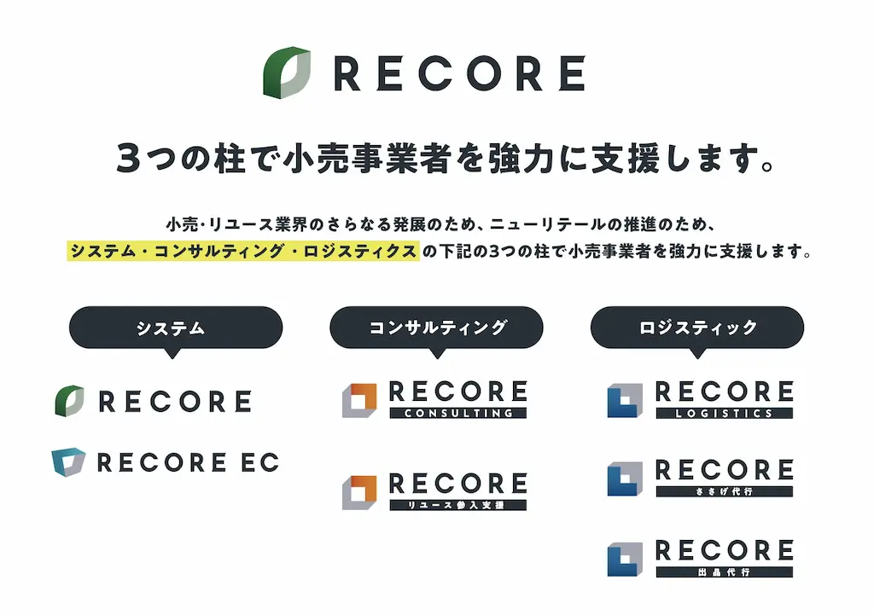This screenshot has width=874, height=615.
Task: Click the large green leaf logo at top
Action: click(287, 73)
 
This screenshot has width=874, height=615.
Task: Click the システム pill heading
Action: click(176, 328)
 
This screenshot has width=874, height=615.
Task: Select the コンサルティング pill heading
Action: click(436, 328)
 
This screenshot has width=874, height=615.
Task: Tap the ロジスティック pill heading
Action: click(697, 328)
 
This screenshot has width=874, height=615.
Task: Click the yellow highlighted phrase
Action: click(243, 251)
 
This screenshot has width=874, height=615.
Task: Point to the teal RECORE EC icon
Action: click(68, 461)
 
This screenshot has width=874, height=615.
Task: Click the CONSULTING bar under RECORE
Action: click(458, 414)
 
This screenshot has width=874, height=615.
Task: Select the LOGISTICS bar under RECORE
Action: click(724, 414)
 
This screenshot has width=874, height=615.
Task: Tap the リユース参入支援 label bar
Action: click(458, 505)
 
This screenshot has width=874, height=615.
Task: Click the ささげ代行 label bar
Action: click(724, 492)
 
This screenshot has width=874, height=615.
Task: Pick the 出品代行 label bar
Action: click(724, 572)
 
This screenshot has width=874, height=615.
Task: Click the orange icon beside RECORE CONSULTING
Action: click(359, 400)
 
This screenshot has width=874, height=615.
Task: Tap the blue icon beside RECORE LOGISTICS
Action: click(625, 400)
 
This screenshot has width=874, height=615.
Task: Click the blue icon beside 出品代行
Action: click(625, 559)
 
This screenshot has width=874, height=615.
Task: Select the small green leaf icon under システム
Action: click(70, 401)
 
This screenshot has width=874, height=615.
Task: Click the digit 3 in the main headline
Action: click(128, 158)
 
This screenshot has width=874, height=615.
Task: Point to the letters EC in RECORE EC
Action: click(259, 462)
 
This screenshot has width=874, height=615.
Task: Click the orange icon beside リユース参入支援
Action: click(359, 492)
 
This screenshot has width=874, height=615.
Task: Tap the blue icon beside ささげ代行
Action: click(625, 479)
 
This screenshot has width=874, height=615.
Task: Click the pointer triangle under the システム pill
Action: click(172, 353)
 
